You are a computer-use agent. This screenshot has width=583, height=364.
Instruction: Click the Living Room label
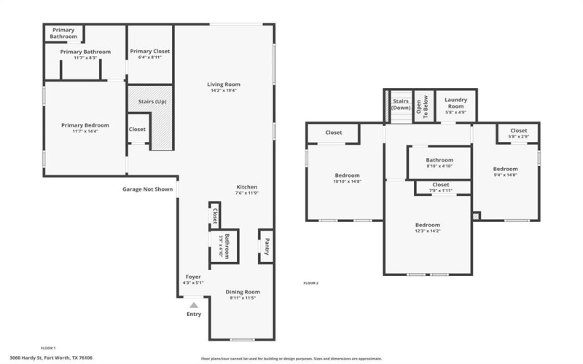click(223, 84)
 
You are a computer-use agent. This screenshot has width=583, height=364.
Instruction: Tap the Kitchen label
click(246, 187)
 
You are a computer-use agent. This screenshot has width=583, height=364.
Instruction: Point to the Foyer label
click(193, 277)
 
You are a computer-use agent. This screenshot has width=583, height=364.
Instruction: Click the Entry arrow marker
click(194, 306)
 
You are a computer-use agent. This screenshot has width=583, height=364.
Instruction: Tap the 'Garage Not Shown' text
click(147, 189)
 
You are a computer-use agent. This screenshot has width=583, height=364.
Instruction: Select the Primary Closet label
click(150, 52)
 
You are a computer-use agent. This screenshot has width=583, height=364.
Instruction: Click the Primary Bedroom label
click(85, 124)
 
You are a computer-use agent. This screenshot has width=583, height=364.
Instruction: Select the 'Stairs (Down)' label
click(401, 104)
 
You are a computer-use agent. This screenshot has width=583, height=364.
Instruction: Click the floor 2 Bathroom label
click(439, 160)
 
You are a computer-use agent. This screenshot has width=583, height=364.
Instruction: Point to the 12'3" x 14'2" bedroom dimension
click(428, 231)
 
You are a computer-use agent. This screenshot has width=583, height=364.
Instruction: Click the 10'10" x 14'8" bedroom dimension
click(347, 181)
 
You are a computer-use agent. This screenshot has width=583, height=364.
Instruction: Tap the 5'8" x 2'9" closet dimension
click(518, 136)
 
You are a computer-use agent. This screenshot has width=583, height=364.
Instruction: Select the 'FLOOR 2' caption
click(310, 282)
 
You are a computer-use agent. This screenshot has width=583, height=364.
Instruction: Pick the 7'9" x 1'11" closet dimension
click(440, 191)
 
